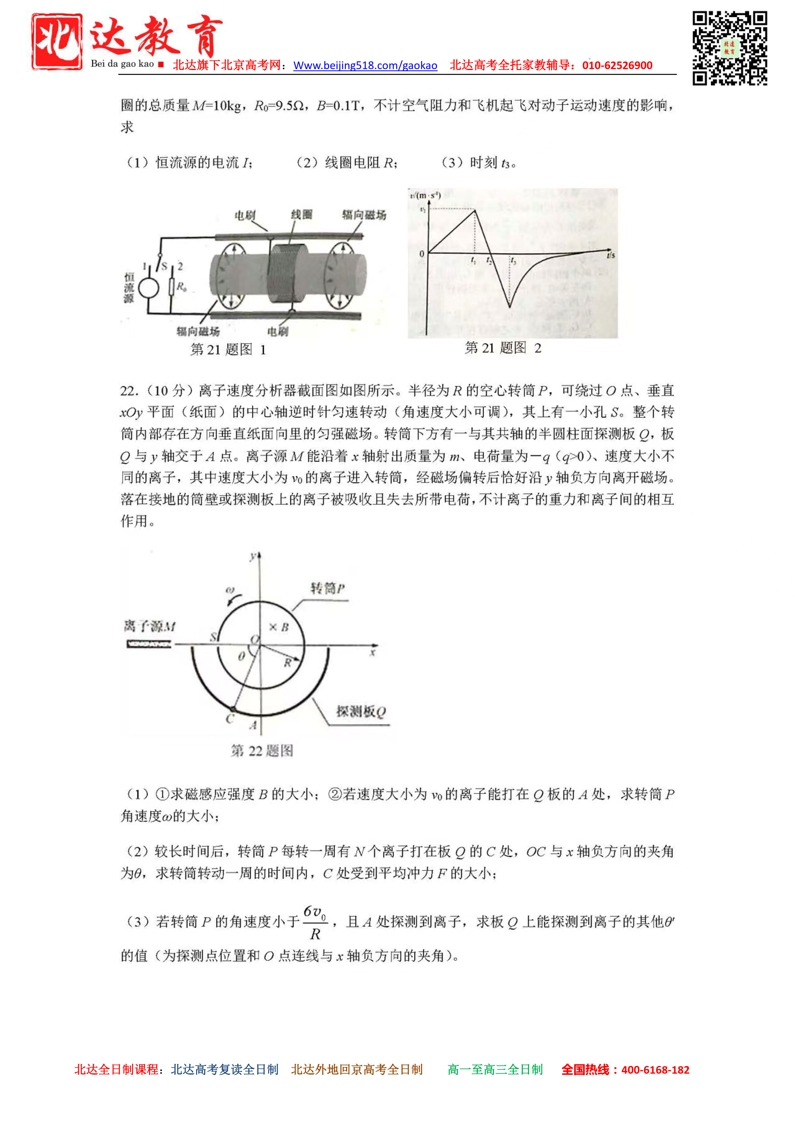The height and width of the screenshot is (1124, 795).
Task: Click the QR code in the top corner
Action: [x=729, y=48]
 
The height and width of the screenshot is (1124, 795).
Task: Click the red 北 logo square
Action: [x=57, y=42]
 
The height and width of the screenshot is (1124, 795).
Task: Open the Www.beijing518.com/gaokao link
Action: [x=365, y=66]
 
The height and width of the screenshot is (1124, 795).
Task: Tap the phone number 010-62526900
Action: [x=617, y=66]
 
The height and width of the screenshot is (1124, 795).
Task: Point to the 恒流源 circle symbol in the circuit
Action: [x=148, y=288]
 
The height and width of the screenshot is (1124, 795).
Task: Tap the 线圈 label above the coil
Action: [x=301, y=214]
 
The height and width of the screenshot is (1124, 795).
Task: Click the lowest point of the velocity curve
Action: [x=509, y=307]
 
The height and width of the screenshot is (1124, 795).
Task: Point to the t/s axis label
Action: [x=610, y=255]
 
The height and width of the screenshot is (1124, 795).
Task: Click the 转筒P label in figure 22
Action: [x=327, y=588]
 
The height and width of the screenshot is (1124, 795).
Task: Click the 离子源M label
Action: [x=149, y=626]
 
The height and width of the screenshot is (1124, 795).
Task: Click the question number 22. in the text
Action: [x=129, y=391]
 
